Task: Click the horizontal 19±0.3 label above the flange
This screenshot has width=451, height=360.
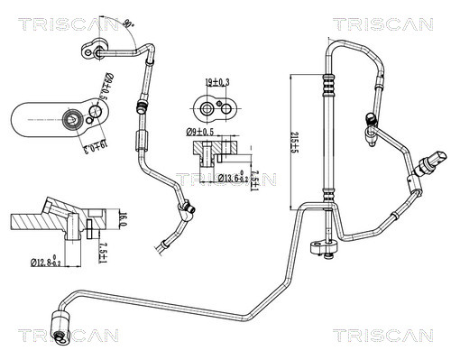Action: [216, 83]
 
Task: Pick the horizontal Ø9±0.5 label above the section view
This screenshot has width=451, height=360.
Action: [201, 133]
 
